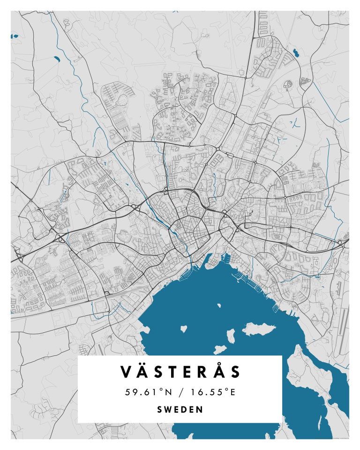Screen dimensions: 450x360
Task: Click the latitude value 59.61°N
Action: (x=149, y=392)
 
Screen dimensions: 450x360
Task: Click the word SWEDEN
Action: (x=180, y=409)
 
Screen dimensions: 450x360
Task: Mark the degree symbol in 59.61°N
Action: (x=163, y=390)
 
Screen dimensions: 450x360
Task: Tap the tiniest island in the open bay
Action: (x=219, y=306)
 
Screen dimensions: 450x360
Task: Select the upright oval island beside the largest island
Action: (x=231, y=336)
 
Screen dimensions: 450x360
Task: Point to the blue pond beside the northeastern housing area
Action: (x=296, y=52)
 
